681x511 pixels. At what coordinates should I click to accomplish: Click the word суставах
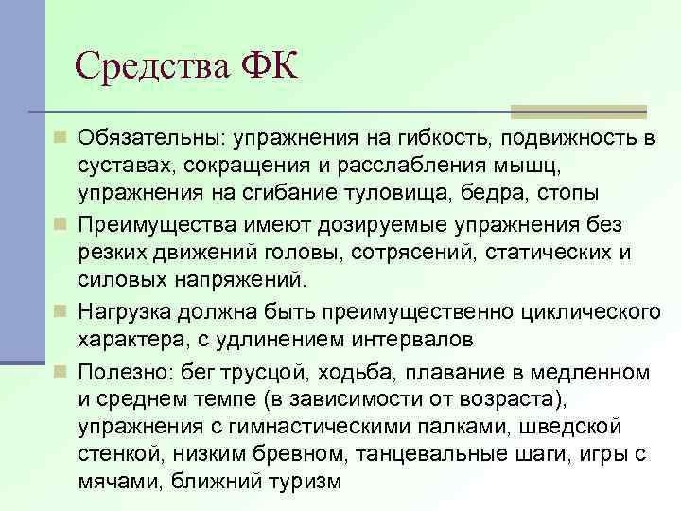128,167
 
